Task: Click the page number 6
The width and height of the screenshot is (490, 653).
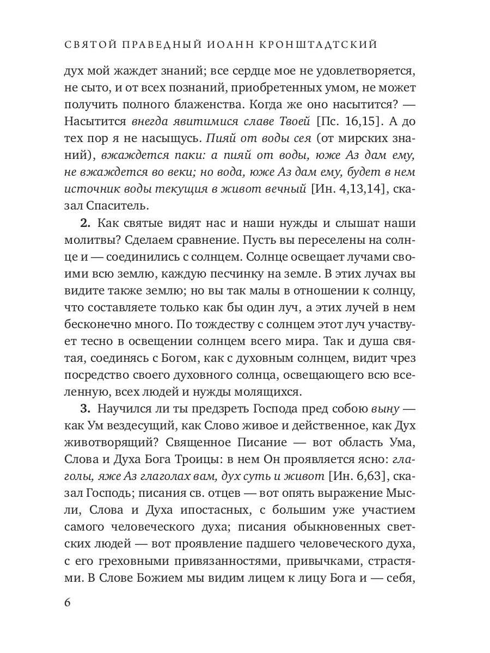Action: [68, 602]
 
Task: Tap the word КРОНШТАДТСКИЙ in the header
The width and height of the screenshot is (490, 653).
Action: [326, 45]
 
